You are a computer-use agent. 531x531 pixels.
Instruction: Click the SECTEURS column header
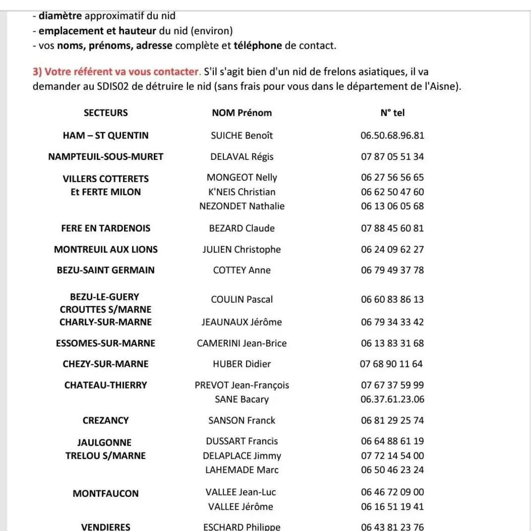point(106,113)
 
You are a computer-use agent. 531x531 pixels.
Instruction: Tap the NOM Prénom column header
point(242,113)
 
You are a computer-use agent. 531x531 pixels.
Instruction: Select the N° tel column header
point(393,113)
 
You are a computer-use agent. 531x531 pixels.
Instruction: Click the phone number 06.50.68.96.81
point(393,135)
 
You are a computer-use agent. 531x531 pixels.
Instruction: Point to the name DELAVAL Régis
point(242,157)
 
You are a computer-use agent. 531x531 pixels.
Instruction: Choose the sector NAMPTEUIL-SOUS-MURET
point(106,157)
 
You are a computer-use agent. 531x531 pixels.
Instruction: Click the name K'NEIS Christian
point(242,192)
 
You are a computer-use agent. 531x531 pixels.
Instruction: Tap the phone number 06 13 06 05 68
point(393,206)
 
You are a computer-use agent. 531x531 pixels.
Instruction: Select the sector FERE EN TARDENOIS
point(106,228)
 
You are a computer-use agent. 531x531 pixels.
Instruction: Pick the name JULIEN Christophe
point(242,250)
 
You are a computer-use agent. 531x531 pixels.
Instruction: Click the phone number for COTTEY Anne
point(393,270)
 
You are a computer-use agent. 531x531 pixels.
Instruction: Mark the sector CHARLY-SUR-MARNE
point(106,322)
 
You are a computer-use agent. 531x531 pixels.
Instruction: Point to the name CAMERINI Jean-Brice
point(242,343)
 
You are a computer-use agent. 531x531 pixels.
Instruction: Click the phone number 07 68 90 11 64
point(392,364)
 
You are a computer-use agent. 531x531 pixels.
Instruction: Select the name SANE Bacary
point(242,399)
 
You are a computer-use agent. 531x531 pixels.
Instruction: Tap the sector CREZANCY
point(106,420)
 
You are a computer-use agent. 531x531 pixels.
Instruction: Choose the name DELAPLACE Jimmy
point(242,456)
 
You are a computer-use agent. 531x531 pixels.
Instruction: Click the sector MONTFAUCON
point(106,494)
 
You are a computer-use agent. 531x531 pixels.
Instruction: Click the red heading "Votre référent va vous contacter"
point(117,72)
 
